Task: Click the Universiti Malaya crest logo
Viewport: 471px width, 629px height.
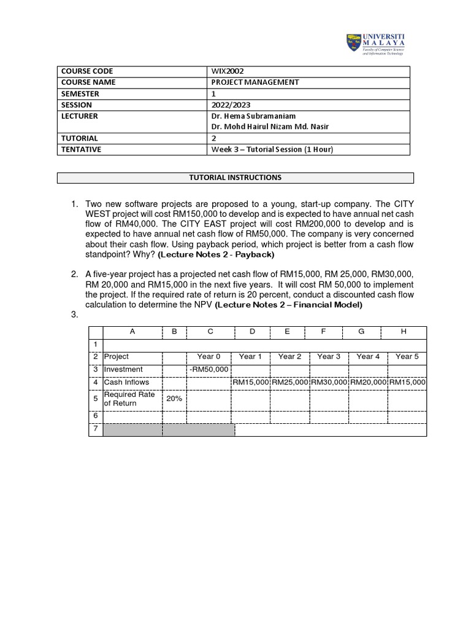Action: (x=354, y=45)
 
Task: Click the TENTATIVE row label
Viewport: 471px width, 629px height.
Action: (x=81, y=149)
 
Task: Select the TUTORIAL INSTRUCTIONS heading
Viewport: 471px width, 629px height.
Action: (x=235, y=178)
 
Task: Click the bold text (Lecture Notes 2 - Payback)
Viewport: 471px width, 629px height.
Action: (x=216, y=254)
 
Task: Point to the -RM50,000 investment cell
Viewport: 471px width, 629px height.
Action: (x=209, y=369)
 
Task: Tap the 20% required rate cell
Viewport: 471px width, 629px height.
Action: (x=174, y=398)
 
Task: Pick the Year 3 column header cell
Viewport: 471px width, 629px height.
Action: (x=329, y=356)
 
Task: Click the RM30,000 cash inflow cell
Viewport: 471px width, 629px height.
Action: (x=329, y=382)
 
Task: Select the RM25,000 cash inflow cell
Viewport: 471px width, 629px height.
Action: (x=289, y=382)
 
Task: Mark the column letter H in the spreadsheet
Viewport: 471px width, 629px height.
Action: (x=404, y=332)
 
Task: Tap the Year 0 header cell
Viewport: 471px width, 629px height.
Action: (x=209, y=356)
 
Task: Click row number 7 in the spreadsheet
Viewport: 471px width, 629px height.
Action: (x=96, y=429)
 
